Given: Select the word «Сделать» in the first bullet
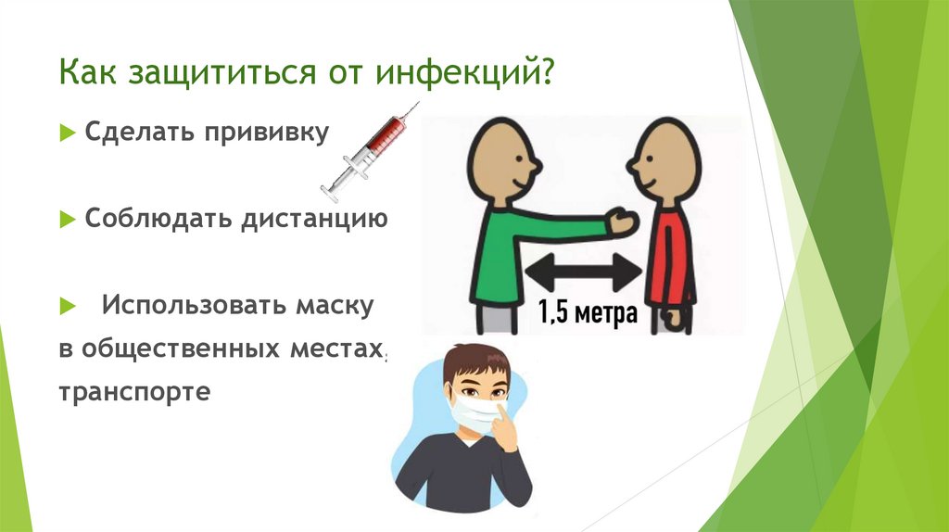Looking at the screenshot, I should coord(134,133).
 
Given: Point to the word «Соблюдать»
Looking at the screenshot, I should coord(158,219).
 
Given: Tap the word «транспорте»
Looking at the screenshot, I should coord(135,391).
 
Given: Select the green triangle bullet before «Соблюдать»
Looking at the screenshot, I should coord(67,220).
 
